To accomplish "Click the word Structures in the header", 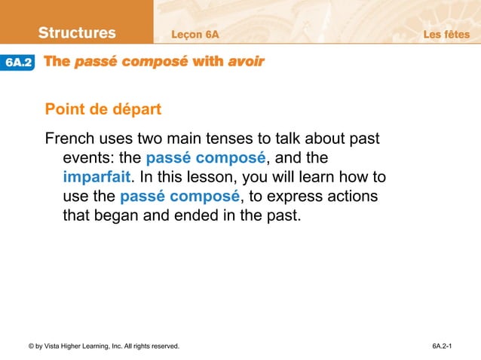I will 77,33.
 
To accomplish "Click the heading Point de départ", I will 103,110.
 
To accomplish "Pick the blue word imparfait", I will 97,178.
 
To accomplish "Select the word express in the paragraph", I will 287,197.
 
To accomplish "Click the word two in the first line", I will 151,140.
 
